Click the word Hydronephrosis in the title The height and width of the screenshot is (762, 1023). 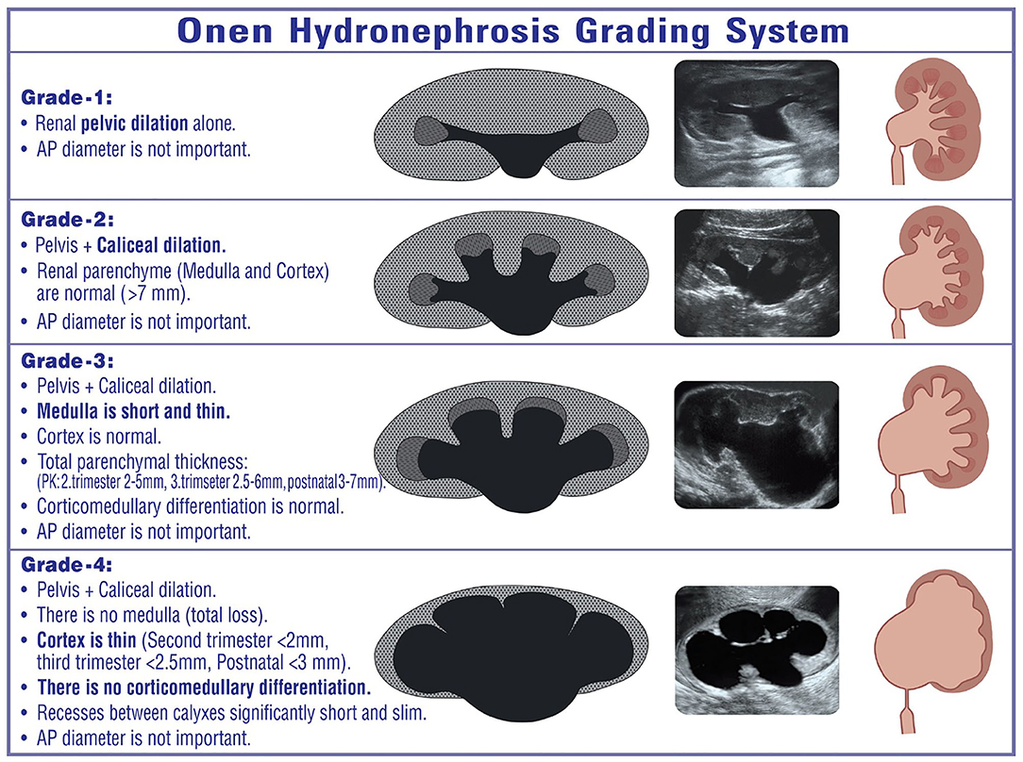tap(424, 32)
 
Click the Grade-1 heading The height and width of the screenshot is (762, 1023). tap(67, 98)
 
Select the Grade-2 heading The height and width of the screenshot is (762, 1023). tap(67, 219)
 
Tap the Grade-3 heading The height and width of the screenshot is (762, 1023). tap(67, 360)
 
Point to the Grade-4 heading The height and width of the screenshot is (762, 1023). tap(67, 565)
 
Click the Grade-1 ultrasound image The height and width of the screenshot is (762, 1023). tap(756, 124)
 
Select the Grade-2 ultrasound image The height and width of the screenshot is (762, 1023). tap(756, 273)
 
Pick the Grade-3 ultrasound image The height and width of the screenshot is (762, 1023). tap(756, 444)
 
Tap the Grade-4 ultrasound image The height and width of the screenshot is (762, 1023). tap(756, 650)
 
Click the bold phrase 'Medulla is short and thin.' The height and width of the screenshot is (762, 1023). tap(133, 411)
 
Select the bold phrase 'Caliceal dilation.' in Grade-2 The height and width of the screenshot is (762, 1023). tap(161, 245)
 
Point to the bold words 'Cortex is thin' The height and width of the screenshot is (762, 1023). tap(86, 640)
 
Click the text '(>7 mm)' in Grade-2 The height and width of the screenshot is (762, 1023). tap(156, 294)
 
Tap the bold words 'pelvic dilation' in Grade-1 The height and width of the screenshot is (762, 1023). tap(134, 124)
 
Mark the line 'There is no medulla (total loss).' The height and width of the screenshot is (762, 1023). tap(152, 615)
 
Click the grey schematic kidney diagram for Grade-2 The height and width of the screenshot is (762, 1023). tap(511, 273)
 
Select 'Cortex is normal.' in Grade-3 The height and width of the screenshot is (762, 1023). tap(98, 437)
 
